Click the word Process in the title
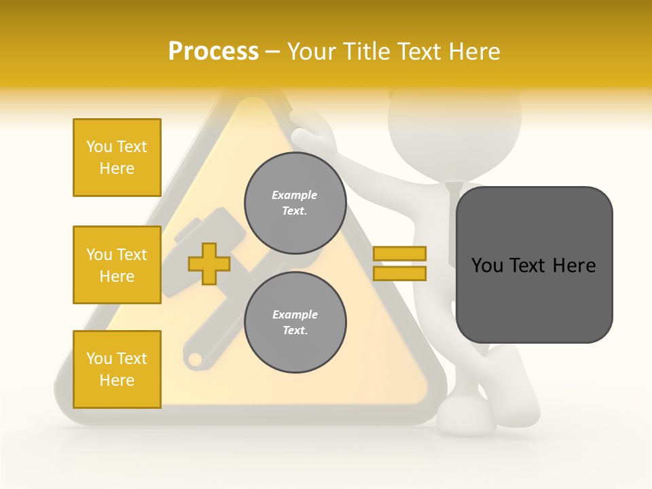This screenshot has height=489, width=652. click(213, 52)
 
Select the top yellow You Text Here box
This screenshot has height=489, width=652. click(117, 158)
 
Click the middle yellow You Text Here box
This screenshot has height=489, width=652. click(117, 265)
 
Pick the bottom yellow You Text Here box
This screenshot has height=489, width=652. click(117, 369)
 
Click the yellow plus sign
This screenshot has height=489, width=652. click(209, 264)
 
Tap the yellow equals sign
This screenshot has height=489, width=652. click(399, 264)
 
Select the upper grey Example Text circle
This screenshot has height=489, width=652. click(295, 202)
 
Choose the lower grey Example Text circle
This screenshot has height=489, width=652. click(295, 322)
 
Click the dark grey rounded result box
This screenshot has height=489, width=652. click(534, 265)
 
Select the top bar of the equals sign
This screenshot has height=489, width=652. click(399, 254)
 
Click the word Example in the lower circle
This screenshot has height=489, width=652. click(295, 314)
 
